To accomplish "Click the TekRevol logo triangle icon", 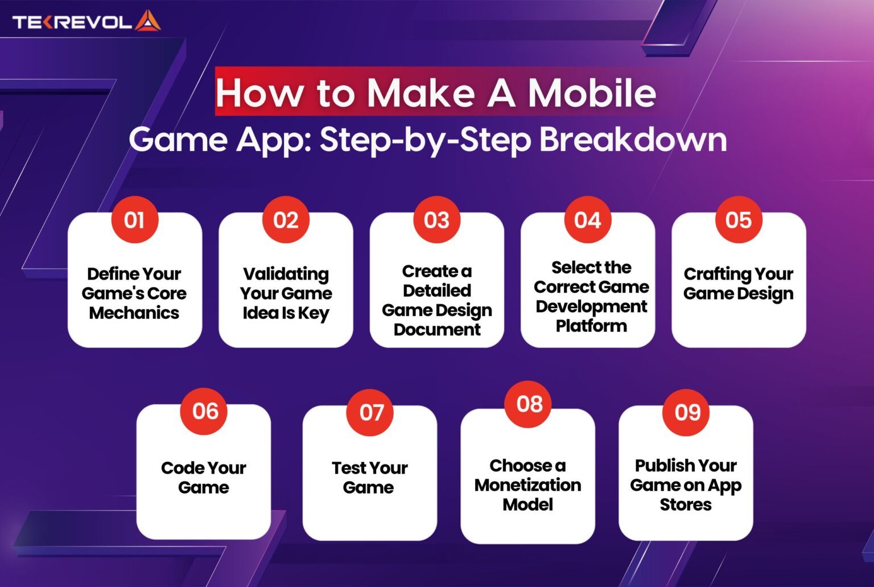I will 147,21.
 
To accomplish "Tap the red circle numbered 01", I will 134,220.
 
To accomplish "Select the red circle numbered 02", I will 286,220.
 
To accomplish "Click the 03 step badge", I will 436,220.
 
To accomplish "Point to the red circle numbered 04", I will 587,220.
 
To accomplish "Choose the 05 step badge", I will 738,220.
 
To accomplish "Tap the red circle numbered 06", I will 205,411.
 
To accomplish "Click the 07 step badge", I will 372,412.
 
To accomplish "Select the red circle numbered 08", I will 529,404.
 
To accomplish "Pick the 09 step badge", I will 687,412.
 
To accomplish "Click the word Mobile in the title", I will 592,93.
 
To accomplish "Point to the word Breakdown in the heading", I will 633,139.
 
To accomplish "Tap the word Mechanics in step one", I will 134,313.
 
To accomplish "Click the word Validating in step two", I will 286,274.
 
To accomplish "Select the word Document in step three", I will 437,330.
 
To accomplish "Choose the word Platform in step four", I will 591,326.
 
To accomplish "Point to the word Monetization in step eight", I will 528,485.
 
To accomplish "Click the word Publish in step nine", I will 660,466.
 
